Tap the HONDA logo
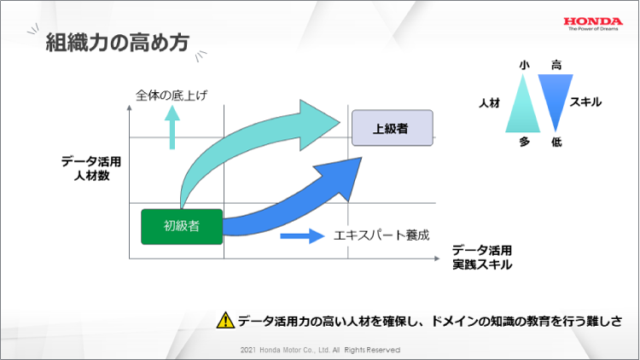point(595,21)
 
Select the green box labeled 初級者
point(182,226)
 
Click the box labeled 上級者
point(392,129)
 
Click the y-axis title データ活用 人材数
point(92,168)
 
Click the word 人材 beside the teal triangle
point(490,102)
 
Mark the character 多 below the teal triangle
point(525,142)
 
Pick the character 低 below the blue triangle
point(556,142)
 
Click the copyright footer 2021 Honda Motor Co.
point(320,350)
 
